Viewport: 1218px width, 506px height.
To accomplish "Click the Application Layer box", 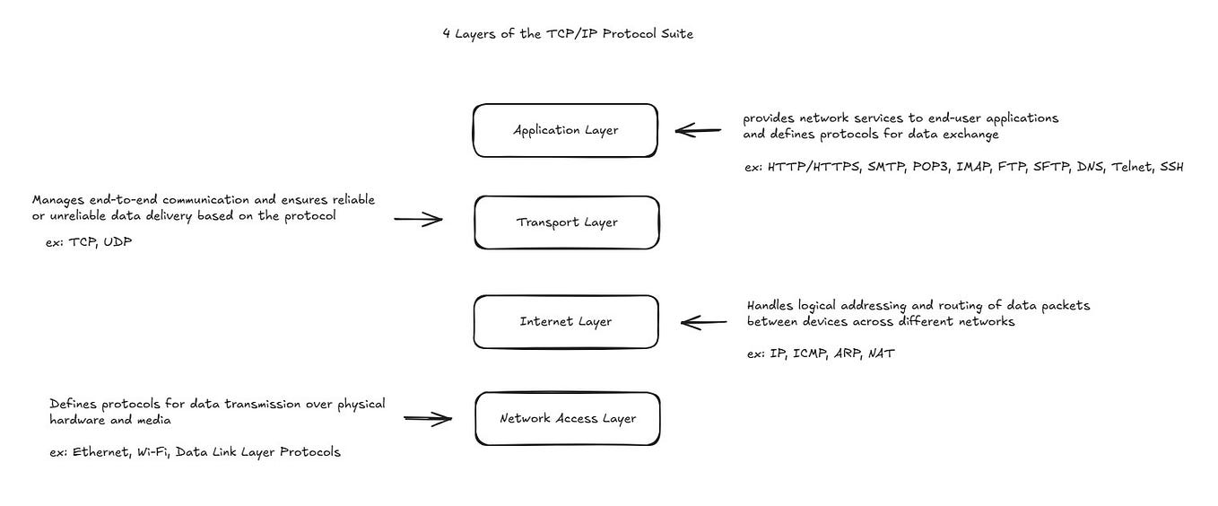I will (565, 131).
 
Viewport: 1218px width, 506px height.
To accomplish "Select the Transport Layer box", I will (566, 222).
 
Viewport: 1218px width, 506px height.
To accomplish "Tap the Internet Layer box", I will (565, 321).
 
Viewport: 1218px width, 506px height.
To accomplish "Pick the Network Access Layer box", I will (567, 418).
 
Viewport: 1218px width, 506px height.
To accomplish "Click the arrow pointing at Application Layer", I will (698, 131).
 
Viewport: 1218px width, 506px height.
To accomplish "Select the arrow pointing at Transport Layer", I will (418, 219).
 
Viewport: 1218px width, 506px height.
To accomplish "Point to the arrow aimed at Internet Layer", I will (704, 321).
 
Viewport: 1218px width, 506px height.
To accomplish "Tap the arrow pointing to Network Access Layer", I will (428, 417).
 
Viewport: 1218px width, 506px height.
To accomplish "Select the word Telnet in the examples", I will (1130, 167).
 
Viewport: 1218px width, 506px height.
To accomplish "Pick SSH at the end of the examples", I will (1171, 167).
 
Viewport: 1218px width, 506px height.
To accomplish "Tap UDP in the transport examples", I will (117, 242).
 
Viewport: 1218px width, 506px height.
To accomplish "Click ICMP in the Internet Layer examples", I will (811, 353).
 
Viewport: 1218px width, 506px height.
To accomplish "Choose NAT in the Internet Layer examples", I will (881, 353).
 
